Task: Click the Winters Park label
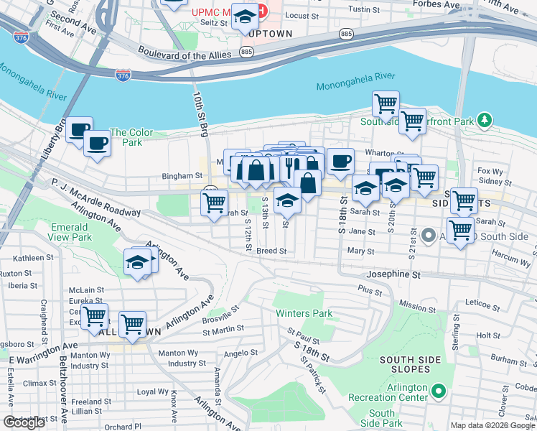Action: point(304,314)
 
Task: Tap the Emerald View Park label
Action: point(72,232)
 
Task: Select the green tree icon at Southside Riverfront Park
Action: point(485,120)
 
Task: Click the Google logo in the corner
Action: point(24,422)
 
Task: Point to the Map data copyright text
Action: point(492,425)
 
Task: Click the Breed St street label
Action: point(271,251)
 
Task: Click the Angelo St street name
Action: point(241,353)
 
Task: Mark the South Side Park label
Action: point(382,418)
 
